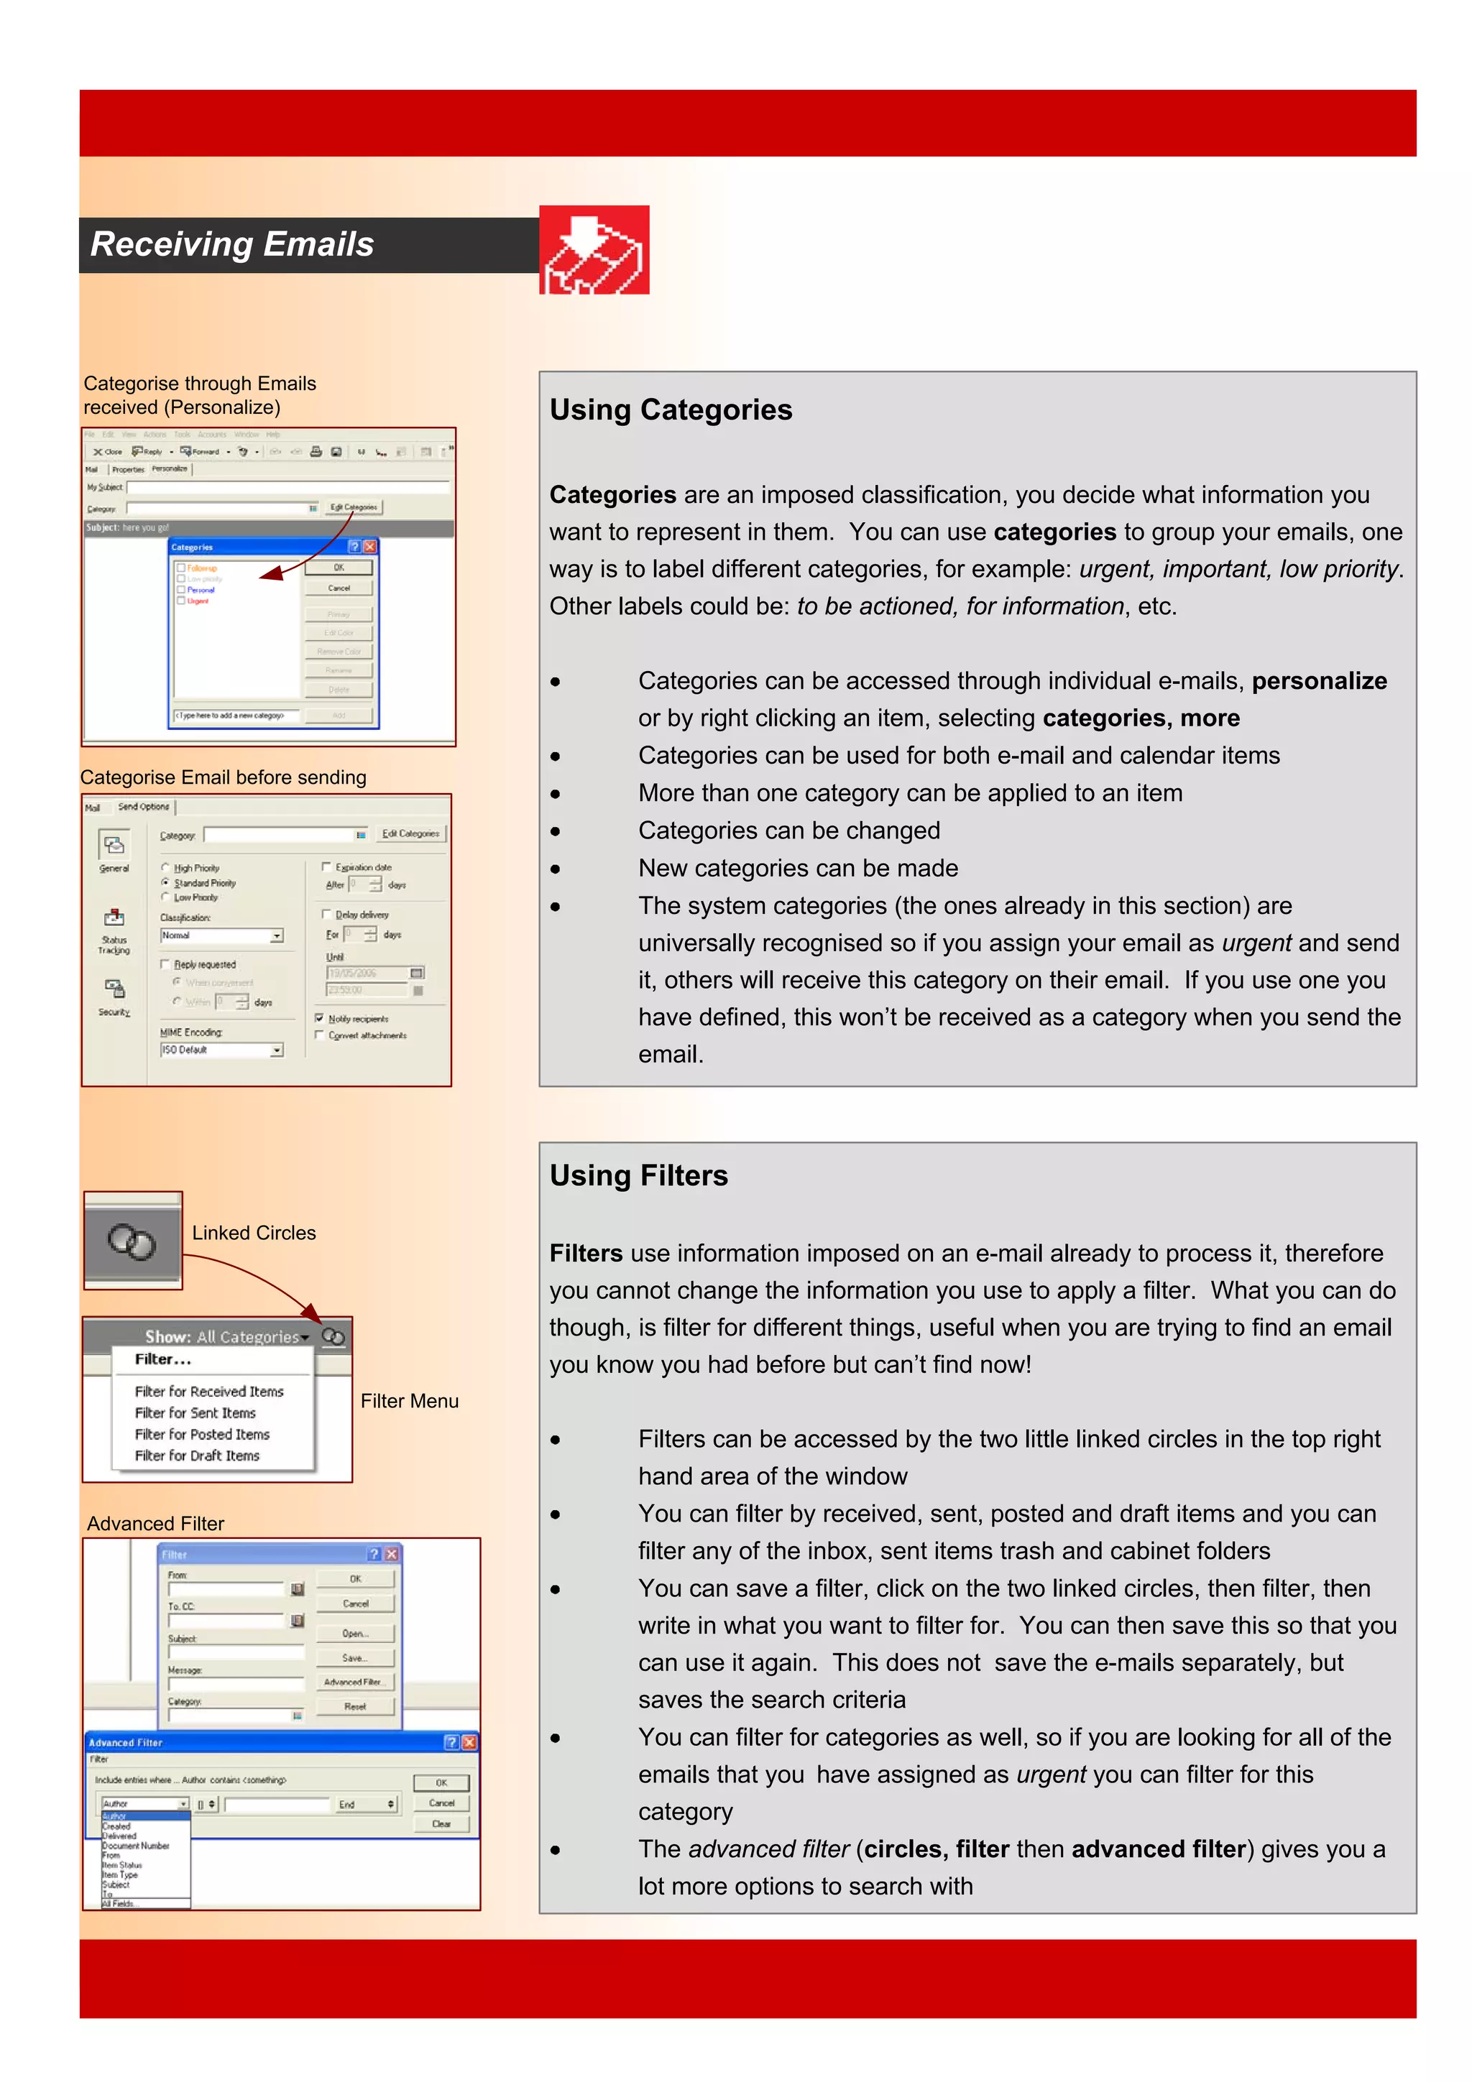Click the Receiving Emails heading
(x=232, y=245)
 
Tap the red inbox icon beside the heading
(x=594, y=249)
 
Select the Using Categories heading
(x=671, y=410)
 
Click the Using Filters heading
(x=638, y=1175)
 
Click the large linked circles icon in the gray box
(x=132, y=1241)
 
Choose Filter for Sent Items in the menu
(x=195, y=1412)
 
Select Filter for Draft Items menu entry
(x=197, y=1456)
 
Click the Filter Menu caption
(x=409, y=1401)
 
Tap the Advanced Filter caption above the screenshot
(x=155, y=1523)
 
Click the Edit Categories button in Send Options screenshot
(x=410, y=833)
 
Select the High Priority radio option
(x=166, y=868)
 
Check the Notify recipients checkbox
(x=319, y=1018)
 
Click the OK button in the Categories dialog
(x=339, y=568)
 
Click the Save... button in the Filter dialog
(x=354, y=1657)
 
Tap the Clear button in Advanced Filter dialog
(x=441, y=1823)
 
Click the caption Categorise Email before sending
(x=223, y=777)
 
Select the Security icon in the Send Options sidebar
(x=114, y=989)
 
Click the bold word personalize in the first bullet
(x=1319, y=681)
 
